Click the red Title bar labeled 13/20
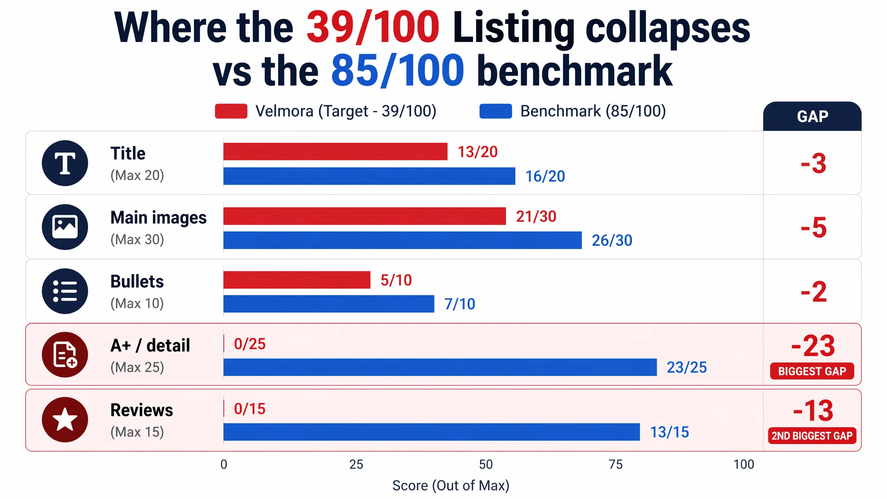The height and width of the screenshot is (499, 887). pyautogui.click(x=335, y=152)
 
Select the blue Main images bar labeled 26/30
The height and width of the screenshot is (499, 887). pyautogui.click(x=402, y=240)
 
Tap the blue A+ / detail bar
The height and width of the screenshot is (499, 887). pyautogui.click(x=440, y=367)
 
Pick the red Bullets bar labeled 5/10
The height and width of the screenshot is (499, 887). pyautogui.click(x=297, y=280)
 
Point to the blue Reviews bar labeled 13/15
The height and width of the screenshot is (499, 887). pyautogui.click(x=431, y=432)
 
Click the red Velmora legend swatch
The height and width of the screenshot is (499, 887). pyautogui.click(x=231, y=111)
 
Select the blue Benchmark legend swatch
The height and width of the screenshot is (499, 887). pyautogui.click(x=496, y=111)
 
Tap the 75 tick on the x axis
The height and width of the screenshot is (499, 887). pyautogui.click(x=615, y=464)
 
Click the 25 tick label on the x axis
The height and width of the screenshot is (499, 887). pyautogui.click(x=356, y=464)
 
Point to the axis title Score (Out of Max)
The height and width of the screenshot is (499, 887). pyautogui.click(x=450, y=486)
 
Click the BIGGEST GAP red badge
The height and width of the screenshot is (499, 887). pyautogui.click(x=812, y=371)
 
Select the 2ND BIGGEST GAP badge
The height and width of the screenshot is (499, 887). pyautogui.click(x=812, y=436)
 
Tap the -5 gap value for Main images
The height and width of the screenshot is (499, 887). pyautogui.click(x=813, y=228)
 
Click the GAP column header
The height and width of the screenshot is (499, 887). pyautogui.click(x=813, y=117)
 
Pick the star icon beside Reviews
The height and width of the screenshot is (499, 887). pyautogui.click(x=65, y=419)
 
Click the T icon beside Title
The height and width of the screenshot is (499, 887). pyautogui.click(x=65, y=163)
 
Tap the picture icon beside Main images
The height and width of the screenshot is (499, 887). pyautogui.click(x=65, y=227)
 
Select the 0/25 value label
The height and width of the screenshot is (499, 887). pyautogui.click(x=250, y=344)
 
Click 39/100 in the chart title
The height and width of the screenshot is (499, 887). pyautogui.click(x=373, y=27)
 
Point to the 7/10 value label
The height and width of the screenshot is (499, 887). pyautogui.click(x=460, y=304)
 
